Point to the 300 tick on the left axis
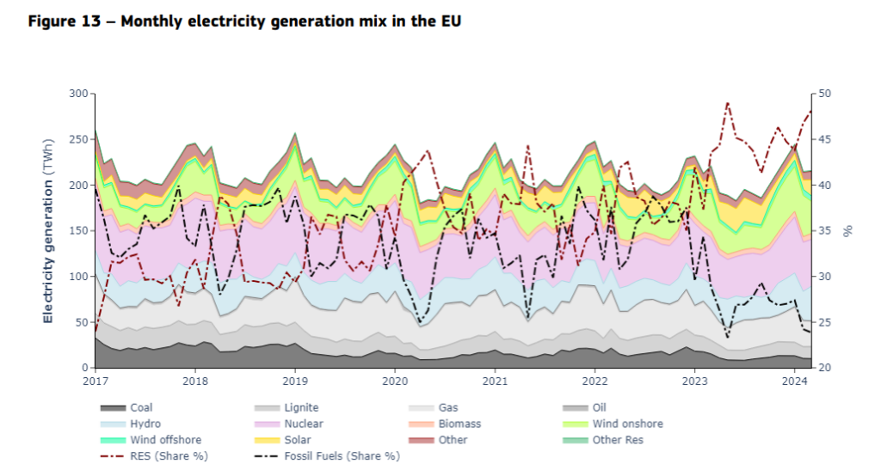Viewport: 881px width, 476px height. coord(78,94)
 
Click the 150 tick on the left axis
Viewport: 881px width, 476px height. coord(78,231)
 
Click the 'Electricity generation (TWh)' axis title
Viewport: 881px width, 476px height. coord(48,230)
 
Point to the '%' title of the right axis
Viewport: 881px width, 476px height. coord(847,230)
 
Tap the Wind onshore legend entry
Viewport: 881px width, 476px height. coord(627,424)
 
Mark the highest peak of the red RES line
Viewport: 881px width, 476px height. coord(728,103)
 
